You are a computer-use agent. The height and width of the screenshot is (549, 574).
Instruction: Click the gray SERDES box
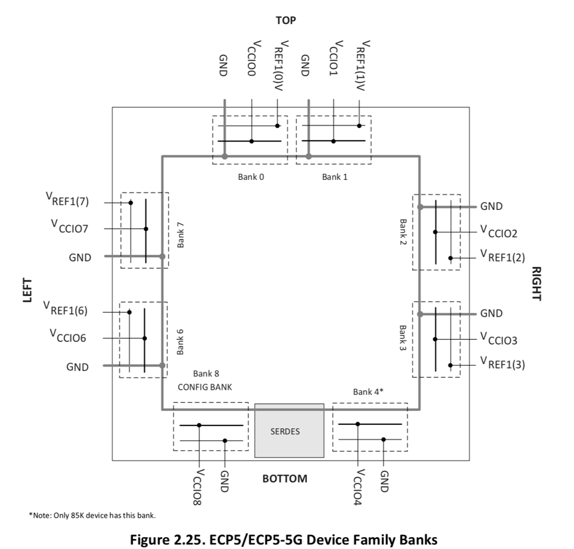tap(289, 431)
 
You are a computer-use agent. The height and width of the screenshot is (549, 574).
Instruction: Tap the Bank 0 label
tap(251, 177)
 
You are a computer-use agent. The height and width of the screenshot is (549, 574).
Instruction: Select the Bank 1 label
tap(335, 177)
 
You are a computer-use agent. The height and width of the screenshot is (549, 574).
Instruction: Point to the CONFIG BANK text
tap(205, 386)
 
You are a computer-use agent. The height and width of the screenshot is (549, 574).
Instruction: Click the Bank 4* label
tap(369, 392)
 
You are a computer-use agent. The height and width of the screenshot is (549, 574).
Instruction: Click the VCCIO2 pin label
tap(499, 232)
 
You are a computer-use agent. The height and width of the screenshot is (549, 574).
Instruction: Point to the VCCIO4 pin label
tap(358, 487)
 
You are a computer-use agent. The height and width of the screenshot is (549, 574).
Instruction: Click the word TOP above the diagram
tap(286, 21)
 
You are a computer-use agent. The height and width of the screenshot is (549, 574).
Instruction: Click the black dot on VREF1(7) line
tap(131, 202)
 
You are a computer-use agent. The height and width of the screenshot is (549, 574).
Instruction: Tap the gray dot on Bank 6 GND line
tap(162, 365)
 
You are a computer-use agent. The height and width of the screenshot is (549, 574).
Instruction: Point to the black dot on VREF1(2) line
tap(450, 258)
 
